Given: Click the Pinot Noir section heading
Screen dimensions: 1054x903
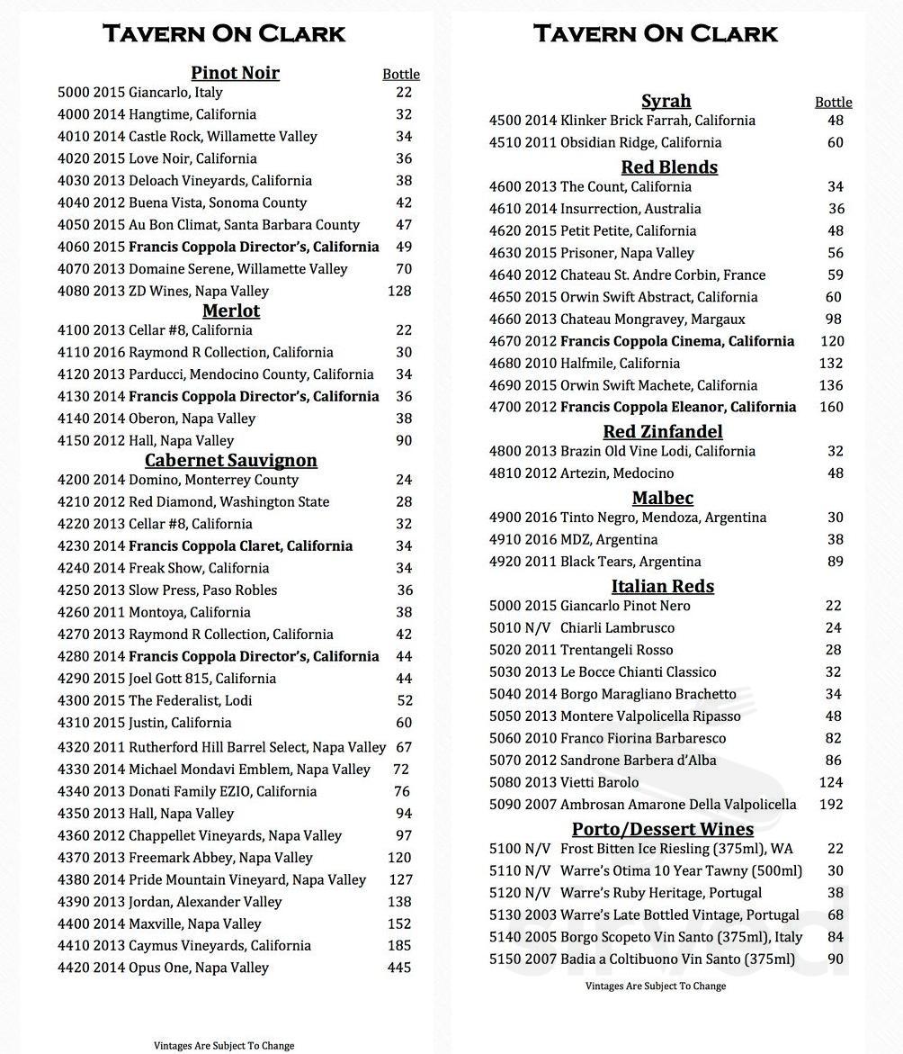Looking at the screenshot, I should [x=235, y=73].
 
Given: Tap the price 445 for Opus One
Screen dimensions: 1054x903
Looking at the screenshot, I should [x=399, y=968].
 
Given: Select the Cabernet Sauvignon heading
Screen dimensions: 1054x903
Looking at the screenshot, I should [x=231, y=460].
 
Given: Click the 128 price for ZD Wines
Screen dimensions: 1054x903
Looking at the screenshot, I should [x=399, y=291].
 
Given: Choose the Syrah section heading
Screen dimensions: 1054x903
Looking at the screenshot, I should [x=666, y=101].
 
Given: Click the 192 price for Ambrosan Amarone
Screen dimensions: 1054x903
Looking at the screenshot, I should [x=831, y=805].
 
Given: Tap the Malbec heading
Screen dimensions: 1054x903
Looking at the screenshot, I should [x=663, y=498].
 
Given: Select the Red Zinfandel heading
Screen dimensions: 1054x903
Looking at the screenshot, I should [x=663, y=431].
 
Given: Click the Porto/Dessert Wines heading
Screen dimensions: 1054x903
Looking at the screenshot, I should [x=663, y=829].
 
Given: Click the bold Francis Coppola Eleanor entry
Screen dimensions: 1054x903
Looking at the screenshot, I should [x=678, y=407].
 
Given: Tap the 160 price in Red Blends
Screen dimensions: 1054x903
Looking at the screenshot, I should [x=831, y=407].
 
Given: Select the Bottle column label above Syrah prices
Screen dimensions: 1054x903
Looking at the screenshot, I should [x=833, y=103].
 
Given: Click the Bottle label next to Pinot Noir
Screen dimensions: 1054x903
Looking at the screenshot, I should [x=401, y=75].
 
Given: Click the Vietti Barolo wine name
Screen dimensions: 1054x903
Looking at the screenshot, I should [x=599, y=782].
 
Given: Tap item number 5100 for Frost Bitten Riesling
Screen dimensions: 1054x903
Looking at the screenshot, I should [x=505, y=849].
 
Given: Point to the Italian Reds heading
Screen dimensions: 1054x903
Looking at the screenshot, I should [x=663, y=586].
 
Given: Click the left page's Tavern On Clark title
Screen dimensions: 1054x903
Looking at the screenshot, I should [x=224, y=34].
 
